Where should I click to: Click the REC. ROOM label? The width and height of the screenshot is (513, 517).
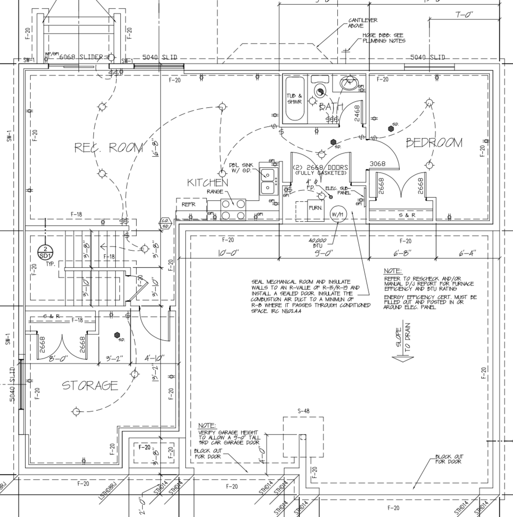click(x=108, y=148)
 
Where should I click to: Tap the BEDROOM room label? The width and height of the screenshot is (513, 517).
click(x=434, y=143)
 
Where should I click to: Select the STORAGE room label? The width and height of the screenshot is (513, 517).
click(x=90, y=385)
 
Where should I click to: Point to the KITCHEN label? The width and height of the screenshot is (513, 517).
click(x=207, y=182)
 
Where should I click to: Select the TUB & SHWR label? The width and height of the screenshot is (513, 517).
click(x=294, y=99)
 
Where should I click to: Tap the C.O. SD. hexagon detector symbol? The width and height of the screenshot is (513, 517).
click(x=165, y=223)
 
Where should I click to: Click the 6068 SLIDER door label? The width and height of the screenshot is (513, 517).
click(x=81, y=57)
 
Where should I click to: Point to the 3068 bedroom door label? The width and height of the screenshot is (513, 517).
click(x=377, y=164)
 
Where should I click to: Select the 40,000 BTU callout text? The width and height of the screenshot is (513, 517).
click(x=317, y=243)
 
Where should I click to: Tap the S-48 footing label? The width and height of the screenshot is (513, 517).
click(x=303, y=411)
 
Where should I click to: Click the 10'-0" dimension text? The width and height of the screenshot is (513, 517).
click(x=229, y=253)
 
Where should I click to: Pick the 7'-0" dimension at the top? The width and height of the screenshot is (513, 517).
click(x=464, y=14)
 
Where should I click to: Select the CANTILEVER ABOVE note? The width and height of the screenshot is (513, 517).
click(x=363, y=23)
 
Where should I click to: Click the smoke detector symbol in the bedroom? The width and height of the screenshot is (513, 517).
click(x=391, y=129)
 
